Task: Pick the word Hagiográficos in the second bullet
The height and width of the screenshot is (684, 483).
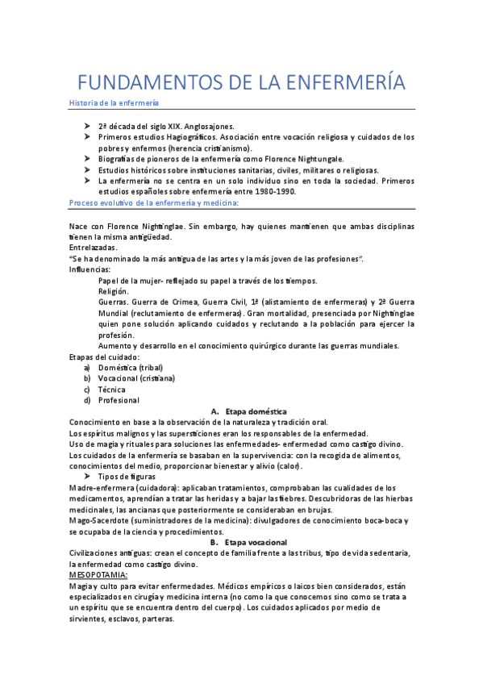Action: [194, 137]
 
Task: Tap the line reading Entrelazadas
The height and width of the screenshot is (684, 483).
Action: [94, 248]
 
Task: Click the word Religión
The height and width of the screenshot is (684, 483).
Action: [113, 291]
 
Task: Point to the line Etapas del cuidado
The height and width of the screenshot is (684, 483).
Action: [105, 357]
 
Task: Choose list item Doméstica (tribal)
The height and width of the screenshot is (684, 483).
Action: [130, 367]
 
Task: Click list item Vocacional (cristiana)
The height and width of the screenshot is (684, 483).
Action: [136, 378]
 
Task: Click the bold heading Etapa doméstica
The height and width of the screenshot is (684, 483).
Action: [256, 411]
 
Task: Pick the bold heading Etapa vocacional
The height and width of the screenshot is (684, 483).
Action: [257, 542]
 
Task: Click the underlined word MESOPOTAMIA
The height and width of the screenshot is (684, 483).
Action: [98, 575]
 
